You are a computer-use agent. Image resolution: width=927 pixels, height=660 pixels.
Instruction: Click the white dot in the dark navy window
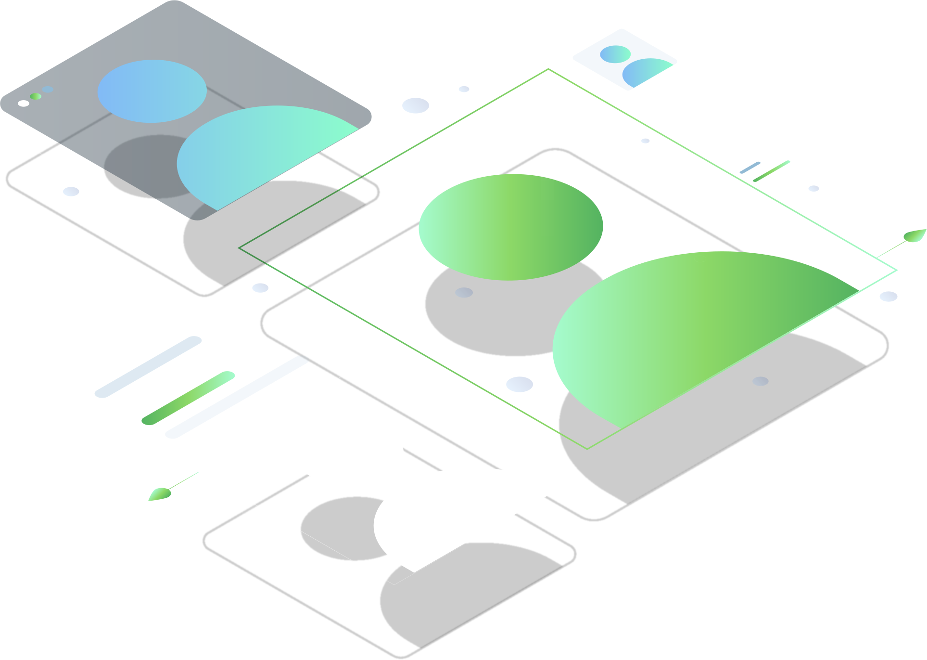(x=23, y=103)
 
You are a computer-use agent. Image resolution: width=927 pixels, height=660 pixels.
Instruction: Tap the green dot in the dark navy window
(x=36, y=96)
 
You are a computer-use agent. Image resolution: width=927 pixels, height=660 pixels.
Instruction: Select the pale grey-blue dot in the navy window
(x=48, y=89)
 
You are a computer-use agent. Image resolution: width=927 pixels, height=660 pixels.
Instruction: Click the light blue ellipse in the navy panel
(x=152, y=91)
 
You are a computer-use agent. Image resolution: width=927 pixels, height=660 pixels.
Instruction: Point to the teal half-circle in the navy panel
(x=260, y=154)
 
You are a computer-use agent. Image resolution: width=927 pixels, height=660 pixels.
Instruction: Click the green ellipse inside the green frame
(x=510, y=227)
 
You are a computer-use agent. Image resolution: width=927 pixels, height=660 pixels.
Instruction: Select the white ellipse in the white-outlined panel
(x=349, y=453)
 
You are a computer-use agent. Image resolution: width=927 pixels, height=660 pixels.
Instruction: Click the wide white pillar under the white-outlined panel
(x=254, y=578)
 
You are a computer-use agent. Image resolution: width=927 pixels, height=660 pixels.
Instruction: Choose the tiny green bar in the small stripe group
(x=771, y=171)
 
